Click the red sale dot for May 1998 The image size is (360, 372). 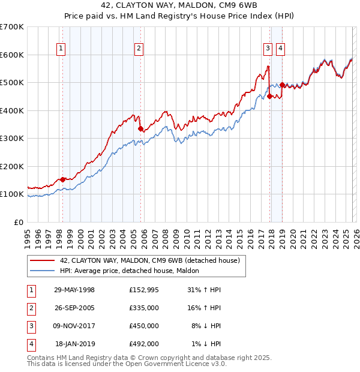[63, 179]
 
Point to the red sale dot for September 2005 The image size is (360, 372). [140, 128]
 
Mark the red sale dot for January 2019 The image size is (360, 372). [282, 85]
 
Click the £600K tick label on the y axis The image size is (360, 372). [12, 55]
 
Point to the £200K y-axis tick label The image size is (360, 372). [12, 166]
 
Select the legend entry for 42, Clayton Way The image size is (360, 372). [150, 260]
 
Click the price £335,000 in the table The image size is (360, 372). [144, 307]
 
